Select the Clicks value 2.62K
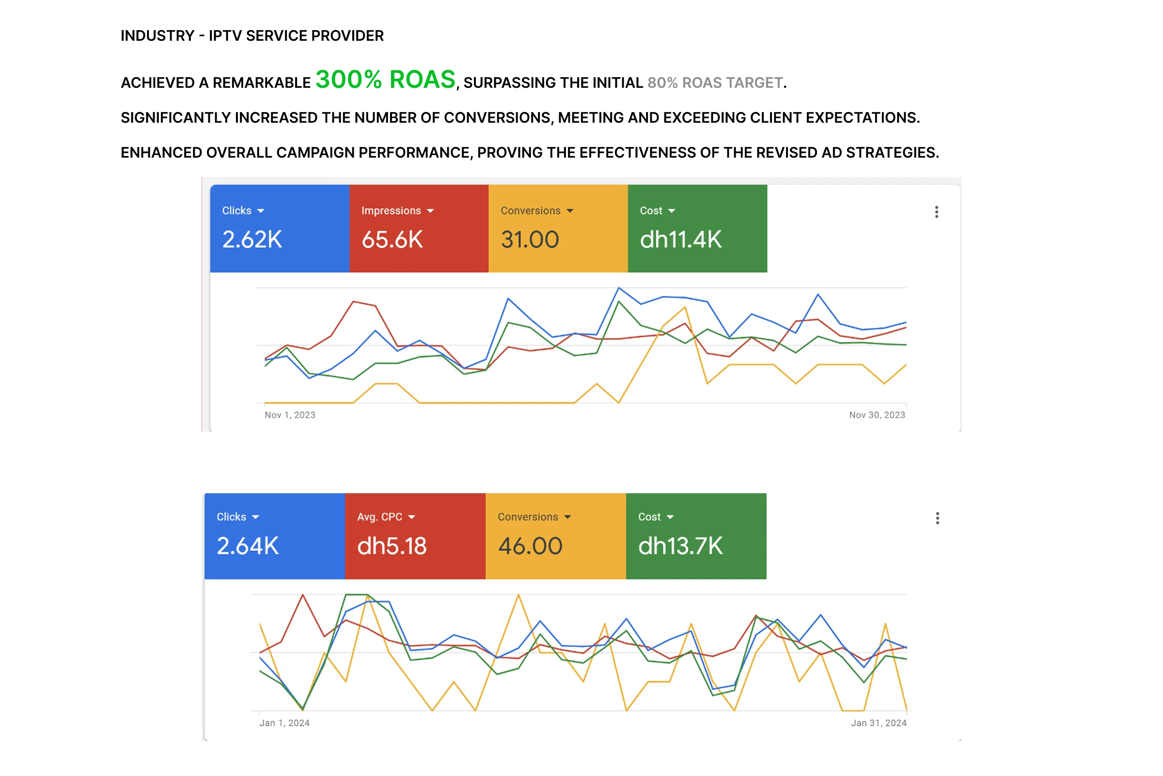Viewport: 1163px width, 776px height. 251,240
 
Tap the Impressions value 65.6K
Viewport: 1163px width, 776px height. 392,240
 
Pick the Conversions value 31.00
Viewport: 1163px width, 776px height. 530,240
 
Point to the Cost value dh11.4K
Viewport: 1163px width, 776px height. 680,240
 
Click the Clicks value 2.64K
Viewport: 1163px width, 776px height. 247,546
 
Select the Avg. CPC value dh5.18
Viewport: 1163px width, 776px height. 392,546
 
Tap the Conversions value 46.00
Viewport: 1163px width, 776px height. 530,546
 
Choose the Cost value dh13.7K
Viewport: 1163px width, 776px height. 680,546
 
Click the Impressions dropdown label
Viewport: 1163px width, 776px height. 391,211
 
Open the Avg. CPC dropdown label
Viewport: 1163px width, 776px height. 380,517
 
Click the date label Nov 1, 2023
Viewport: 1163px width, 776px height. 290,415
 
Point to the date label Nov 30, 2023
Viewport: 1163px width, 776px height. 877,415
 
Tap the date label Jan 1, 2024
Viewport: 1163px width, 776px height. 284,723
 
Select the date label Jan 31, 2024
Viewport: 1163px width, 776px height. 879,723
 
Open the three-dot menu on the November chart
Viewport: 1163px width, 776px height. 937,212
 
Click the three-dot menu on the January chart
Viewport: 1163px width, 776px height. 938,518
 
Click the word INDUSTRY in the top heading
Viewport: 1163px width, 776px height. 157,36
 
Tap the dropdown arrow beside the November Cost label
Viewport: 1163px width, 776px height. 672,211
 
